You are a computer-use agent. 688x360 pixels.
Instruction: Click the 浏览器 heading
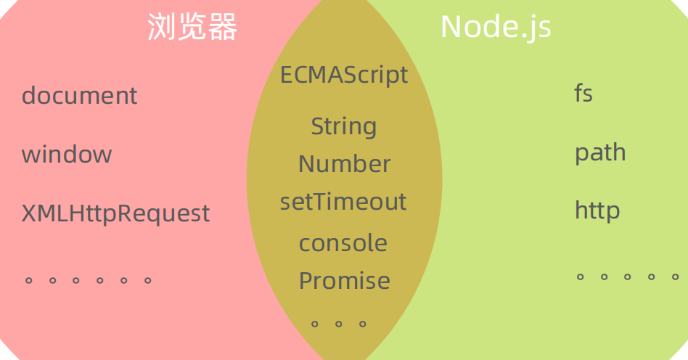pyautogui.click(x=192, y=28)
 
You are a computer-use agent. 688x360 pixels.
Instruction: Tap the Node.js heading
pyautogui.click(x=496, y=28)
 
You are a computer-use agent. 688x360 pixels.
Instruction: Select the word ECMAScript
pyautogui.click(x=344, y=75)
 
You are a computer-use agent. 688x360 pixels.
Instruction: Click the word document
pyautogui.click(x=79, y=95)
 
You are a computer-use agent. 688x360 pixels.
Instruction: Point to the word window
pyautogui.click(x=67, y=154)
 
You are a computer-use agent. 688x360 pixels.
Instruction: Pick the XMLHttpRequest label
pyautogui.click(x=115, y=213)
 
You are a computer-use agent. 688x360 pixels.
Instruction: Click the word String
pyautogui.click(x=344, y=127)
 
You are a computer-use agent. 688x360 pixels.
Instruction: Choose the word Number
pyautogui.click(x=344, y=164)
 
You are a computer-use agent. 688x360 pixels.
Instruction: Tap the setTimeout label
pyautogui.click(x=343, y=202)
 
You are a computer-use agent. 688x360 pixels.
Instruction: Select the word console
pyautogui.click(x=343, y=243)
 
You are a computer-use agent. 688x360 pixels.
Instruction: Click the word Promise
pyautogui.click(x=344, y=280)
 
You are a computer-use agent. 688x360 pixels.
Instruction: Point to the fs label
pyautogui.click(x=583, y=94)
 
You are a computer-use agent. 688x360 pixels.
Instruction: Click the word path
pyautogui.click(x=600, y=153)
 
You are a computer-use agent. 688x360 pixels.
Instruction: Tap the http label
pyautogui.click(x=597, y=210)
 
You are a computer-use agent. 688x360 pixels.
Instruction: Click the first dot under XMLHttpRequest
pyautogui.click(x=29, y=279)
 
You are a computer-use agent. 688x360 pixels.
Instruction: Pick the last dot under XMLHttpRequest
pyautogui.click(x=148, y=279)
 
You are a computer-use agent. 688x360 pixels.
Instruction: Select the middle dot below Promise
pyautogui.click(x=338, y=324)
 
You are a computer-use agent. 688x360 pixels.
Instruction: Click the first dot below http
pyautogui.click(x=581, y=277)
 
